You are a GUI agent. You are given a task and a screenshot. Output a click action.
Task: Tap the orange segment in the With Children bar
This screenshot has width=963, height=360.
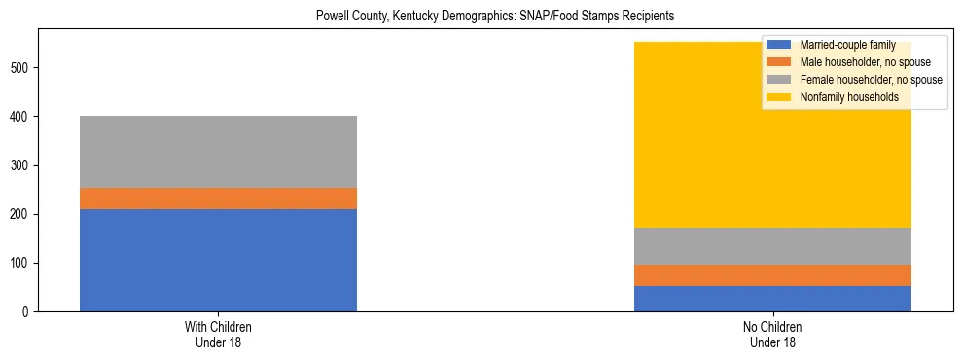[x=218, y=198]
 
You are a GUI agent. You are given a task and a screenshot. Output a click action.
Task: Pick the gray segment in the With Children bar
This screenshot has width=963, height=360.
[x=218, y=152]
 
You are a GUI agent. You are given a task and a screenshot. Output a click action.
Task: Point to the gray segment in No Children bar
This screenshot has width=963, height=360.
[x=772, y=246]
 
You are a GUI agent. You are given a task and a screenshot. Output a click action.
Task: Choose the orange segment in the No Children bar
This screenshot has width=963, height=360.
[x=772, y=275]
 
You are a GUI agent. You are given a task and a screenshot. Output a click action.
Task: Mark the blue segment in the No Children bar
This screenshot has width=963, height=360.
[x=772, y=299]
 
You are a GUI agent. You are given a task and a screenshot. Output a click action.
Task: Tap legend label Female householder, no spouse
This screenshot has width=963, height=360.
[x=871, y=80]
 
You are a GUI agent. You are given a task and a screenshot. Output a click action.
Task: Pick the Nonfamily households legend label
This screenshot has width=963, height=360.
[x=848, y=97]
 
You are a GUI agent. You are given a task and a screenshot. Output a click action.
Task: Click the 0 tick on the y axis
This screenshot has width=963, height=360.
[x=28, y=312]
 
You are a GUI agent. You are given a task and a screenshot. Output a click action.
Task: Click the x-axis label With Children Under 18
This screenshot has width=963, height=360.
[x=218, y=335]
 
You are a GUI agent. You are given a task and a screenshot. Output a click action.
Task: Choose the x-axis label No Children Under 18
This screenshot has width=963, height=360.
[x=772, y=335]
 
